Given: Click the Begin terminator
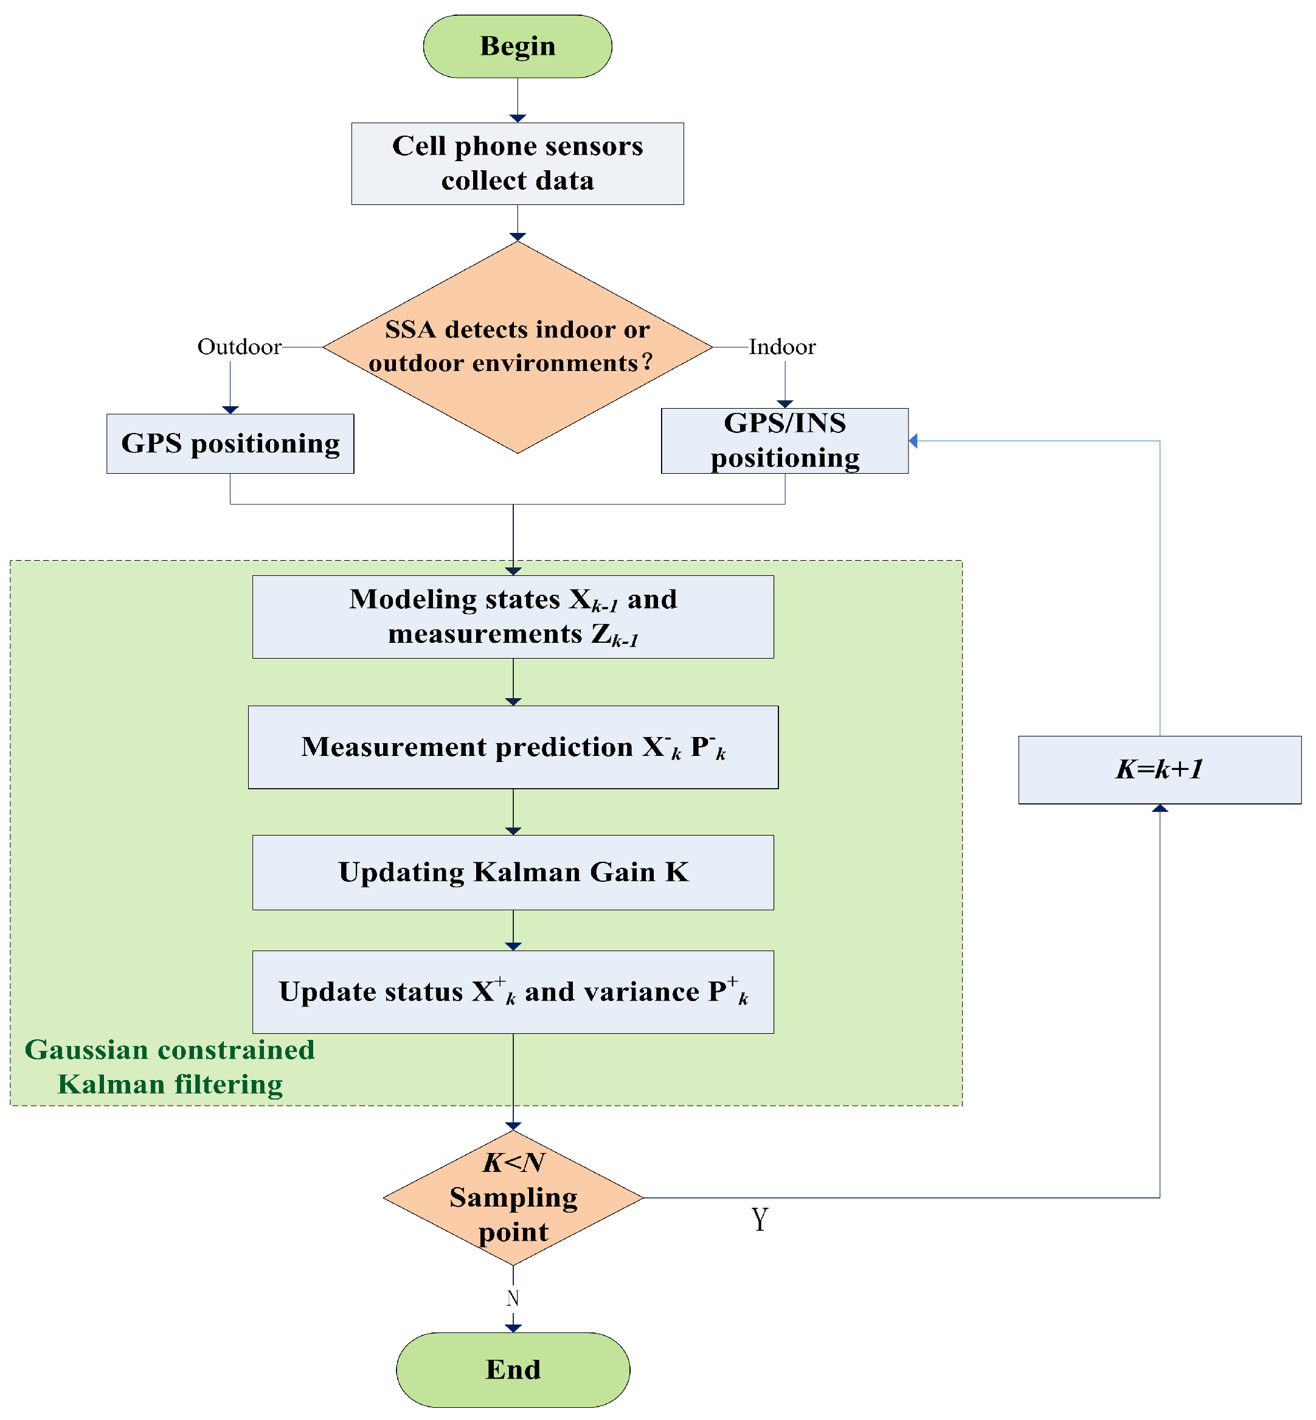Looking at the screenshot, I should (x=517, y=46).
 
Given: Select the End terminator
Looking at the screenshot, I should (x=513, y=1368).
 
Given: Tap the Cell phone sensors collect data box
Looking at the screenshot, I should (x=517, y=163).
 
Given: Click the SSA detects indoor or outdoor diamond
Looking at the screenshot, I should (x=517, y=347).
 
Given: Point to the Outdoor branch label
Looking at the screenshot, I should (x=239, y=347).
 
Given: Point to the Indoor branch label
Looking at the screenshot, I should (x=782, y=347).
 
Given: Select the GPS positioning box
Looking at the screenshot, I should (x=230, y=443).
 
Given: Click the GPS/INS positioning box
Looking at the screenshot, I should (x=784, y=440).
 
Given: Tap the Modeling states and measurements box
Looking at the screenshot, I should (x=513, y=616).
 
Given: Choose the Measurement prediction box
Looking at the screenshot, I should (x=513, y=746).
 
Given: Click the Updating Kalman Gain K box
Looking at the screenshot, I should (x=513, y=871).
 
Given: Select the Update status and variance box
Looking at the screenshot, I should (x=513, y=991).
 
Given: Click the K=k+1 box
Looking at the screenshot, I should (x=1158, y=769).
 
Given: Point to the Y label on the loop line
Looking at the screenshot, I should (x=759, y=1219).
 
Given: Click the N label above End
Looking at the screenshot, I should (x=512, y=1298).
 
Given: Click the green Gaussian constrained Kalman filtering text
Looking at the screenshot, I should (x=170, y=1066).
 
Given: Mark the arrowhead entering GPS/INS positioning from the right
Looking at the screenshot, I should (x=913, y=441).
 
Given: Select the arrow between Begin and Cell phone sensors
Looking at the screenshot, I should (x=517, y=99).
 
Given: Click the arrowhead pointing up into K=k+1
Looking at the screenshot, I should (x=1159, y=808).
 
